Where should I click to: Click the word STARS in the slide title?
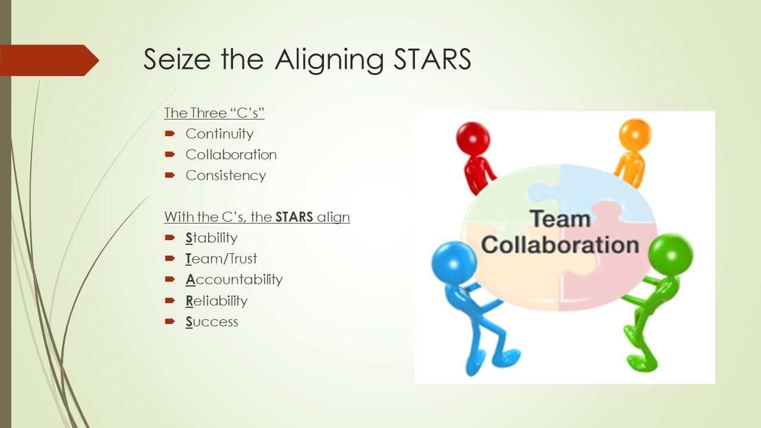coord(432,59)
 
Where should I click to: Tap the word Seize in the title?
coord(177,59)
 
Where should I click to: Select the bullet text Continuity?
coord(219,134)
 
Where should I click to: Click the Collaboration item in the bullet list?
coord(231,155)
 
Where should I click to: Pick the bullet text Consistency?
coord(226,176)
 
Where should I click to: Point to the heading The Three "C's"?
coord(214,113)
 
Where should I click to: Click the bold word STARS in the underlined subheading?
coord(294,217)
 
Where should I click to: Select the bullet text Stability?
coord(211,238)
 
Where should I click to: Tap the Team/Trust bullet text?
coord(221,259)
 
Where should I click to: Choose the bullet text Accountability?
coord(234,280)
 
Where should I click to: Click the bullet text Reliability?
coord(216,301)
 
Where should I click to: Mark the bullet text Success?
coord(212,322)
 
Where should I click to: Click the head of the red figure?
coord(473,139)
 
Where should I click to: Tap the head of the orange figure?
coord(636,134)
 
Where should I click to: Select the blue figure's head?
coord(454,263)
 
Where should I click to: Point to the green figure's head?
coord(671,255)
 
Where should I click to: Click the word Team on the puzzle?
coord(560,219)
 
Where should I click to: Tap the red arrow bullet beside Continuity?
coord(170,134)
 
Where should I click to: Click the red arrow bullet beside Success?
coord(170,322)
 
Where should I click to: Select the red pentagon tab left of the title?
coord(49,60)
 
